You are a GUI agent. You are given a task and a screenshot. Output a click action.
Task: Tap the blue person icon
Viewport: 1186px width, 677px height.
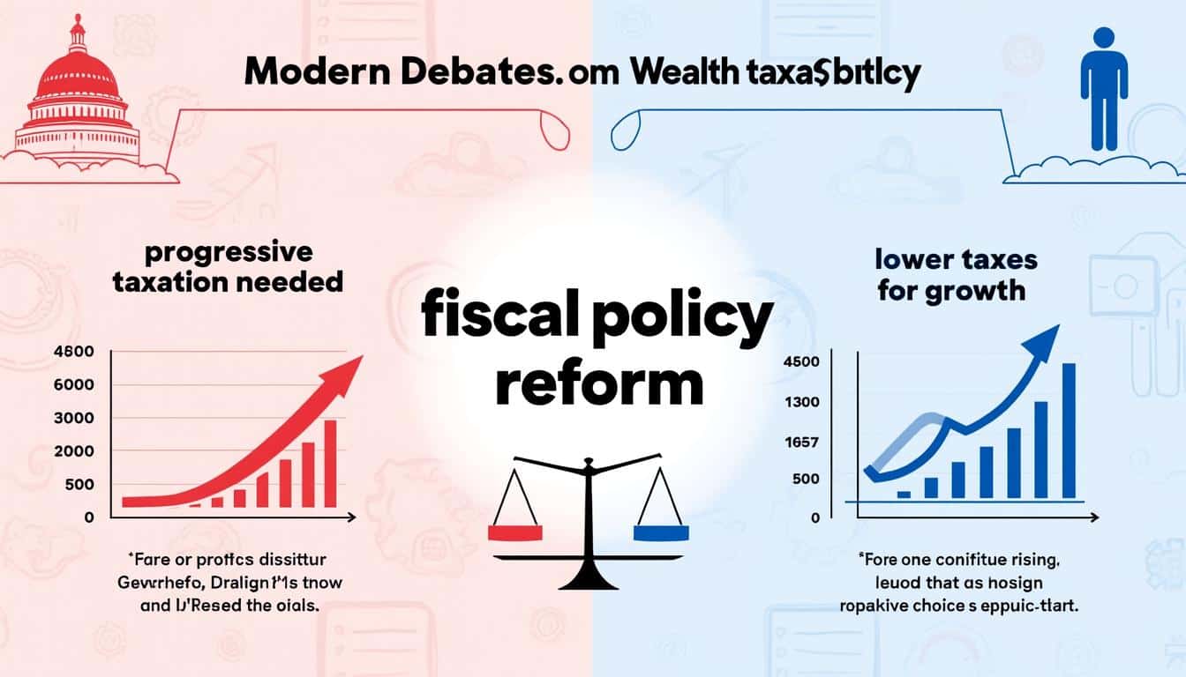click(x=1103, y=87)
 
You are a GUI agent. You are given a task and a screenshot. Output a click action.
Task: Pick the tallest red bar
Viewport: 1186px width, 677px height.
click(x=330, y=463)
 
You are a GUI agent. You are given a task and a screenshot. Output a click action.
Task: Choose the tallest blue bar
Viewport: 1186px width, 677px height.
click(x=1069, y=430)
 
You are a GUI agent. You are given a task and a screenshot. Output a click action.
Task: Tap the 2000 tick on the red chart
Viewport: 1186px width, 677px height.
click(x=74, y=451)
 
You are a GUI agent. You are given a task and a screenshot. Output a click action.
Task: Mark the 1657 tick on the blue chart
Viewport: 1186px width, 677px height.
click(x=802, y=443)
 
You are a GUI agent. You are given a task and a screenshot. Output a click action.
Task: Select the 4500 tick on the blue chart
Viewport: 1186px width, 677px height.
click(x=802, y=362)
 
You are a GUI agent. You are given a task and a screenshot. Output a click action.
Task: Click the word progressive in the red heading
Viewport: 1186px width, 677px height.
click(x=228, y=254)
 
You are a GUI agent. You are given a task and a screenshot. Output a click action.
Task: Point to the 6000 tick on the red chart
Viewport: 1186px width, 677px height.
click(x=74, y=385)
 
